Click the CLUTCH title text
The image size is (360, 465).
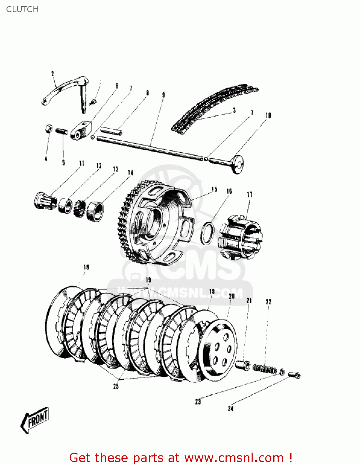point(22,9)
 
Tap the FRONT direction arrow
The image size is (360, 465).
point(35,420)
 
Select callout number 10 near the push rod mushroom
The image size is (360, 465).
point(268,115)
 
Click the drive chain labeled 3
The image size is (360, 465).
point(214,107)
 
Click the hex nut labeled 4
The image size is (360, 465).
point(48,129)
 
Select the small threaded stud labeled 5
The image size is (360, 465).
point(62,131)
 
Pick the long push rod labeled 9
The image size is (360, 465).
point(149,148)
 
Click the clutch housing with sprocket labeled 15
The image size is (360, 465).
point(155,223)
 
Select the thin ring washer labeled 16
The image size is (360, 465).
point(207,232)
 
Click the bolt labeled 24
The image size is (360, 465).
point(295,375)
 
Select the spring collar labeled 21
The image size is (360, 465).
point(243,365)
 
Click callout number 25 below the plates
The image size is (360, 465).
point(116,386)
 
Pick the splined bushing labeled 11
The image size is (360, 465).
point(45,201)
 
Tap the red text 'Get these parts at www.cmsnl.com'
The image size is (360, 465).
point(181,458)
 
